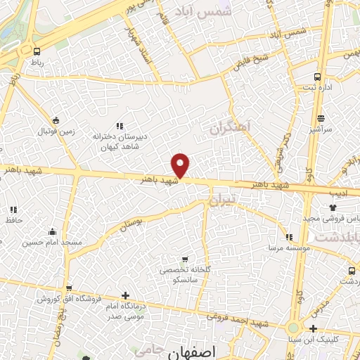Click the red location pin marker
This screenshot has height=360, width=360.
point(181,165)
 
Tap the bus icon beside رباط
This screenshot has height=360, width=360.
point(37,51)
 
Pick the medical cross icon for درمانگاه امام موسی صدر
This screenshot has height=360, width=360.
point(125,296)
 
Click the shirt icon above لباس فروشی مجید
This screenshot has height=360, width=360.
point(333,208)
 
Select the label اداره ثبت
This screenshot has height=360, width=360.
point(314,88)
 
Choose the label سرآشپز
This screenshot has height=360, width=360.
point(320,129)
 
